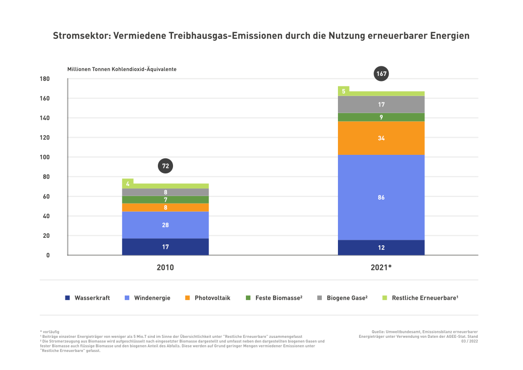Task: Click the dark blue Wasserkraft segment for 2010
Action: tap(165, 247)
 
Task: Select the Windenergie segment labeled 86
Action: tap(381, 197)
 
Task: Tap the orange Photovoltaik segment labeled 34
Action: tap(381, 138)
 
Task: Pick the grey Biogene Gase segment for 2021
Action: tap(381, 105)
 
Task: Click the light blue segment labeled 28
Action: tap(165, 225)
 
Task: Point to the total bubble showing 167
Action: tap(381, 74)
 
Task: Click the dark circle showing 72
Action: tap(165, 165)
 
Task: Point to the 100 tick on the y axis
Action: tap(44, 157)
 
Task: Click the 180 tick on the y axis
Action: tap(44, 79)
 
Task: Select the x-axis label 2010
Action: tap(165, 268)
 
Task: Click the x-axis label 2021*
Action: tap(381, 268)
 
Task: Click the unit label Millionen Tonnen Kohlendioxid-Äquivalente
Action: tap(122, 69)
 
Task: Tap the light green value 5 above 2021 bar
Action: tap(343, 91)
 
